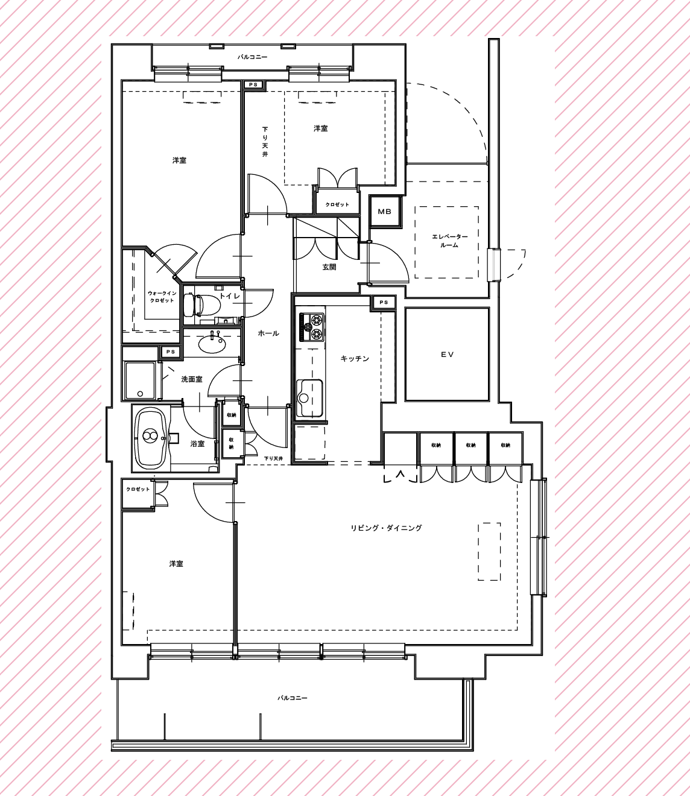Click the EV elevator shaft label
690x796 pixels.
tap(448, 355)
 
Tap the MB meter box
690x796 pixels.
tap(385, 212)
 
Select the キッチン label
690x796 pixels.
tap(355, 359)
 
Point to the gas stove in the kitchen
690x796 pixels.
tap(310, 327)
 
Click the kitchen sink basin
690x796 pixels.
tap(309, 398)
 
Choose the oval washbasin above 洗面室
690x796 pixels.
tap(212, 343)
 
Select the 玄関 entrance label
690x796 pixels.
tap(329, 267)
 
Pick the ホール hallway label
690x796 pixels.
tap(268, 333)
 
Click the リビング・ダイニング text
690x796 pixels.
tap(386, 528)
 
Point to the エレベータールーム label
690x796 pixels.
tap(447, 241)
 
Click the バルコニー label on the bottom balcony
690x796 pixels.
tap(293, 698)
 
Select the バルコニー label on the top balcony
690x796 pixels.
tap(252, 57)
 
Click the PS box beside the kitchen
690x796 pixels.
tap(384, 302)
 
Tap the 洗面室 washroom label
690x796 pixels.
tap(192, 379)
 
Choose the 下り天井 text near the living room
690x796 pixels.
tap(273, 459)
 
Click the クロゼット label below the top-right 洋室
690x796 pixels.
tap(337, 204)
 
